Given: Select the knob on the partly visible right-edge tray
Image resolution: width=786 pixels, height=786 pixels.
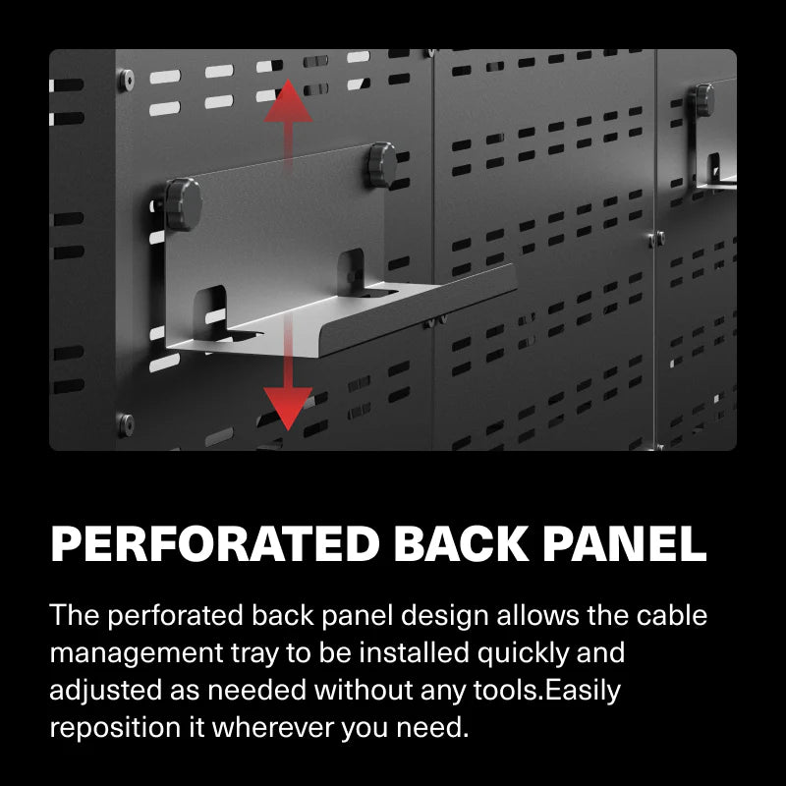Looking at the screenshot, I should coord(703,100).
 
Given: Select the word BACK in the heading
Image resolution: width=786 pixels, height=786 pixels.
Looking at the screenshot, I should coord(451,543).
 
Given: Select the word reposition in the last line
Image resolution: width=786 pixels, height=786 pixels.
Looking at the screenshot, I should coord(110,728).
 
